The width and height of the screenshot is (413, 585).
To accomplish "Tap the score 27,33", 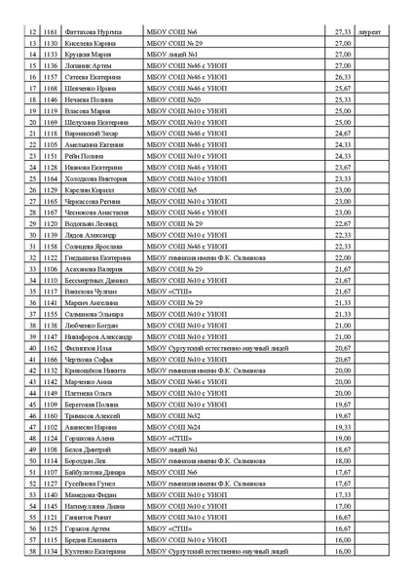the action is pyautogui.click(x=342, y=32).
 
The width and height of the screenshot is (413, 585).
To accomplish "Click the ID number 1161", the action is pyautogui.click(x=51, y=32).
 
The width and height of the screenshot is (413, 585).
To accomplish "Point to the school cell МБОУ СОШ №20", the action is pyautogui.click(x=173, y=99).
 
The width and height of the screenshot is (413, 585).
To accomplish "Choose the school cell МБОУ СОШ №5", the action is pyautogui.click(x=171, y=189).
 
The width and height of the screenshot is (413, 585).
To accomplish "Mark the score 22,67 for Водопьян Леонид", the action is pyautogui.click(x=342, y=223).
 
